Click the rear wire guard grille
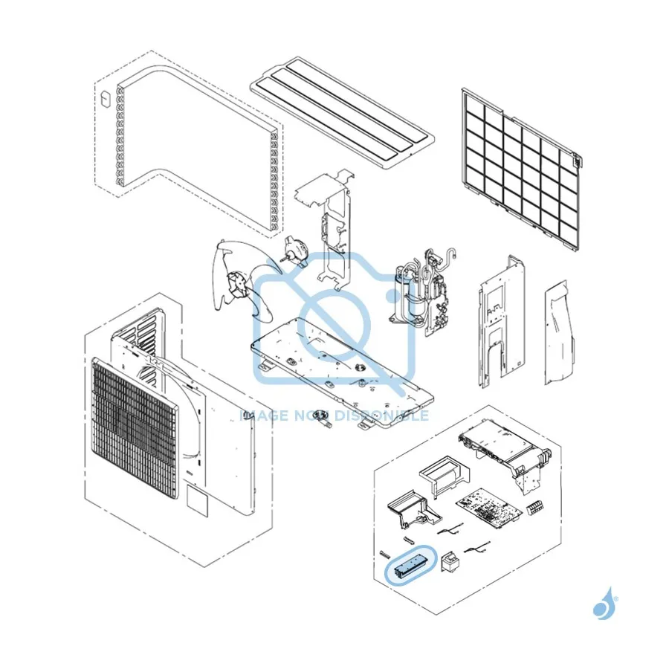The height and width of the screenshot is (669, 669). point(520,168)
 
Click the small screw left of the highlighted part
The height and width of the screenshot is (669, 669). point(384,554)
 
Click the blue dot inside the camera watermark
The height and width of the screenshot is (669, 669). point(392,296)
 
